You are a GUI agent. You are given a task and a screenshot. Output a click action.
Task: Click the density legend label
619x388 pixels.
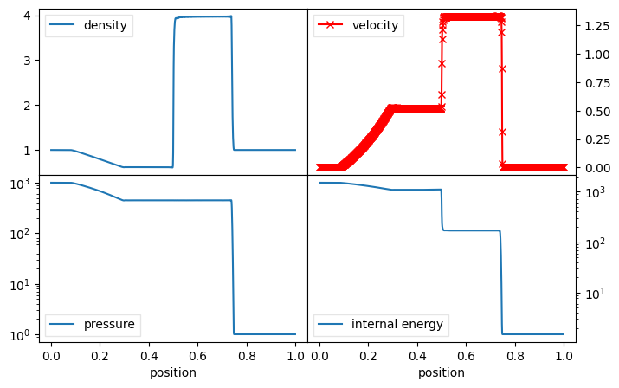click(x=106, y=25)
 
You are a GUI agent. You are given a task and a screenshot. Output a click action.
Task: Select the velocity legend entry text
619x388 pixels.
click(x=375, y=25)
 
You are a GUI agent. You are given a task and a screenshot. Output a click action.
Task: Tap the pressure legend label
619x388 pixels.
click(x=108, y=325)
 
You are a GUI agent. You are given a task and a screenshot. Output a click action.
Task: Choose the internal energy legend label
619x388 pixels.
click(x=397, y=325)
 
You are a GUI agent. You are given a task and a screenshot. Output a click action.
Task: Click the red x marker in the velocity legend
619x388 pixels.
click(x=330, y=25)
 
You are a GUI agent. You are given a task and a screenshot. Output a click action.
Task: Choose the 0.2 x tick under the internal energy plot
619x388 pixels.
click(x=368, y=356)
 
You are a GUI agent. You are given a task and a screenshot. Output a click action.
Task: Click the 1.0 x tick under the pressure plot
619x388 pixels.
click(x=296, y=356)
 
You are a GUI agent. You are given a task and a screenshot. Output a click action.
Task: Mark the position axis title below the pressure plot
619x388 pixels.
click(x=173, y=372)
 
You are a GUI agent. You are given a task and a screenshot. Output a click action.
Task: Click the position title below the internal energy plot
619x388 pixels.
click(x=442, y=372)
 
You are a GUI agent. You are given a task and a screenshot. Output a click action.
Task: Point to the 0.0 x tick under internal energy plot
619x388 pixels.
click(x=319, y=356)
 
